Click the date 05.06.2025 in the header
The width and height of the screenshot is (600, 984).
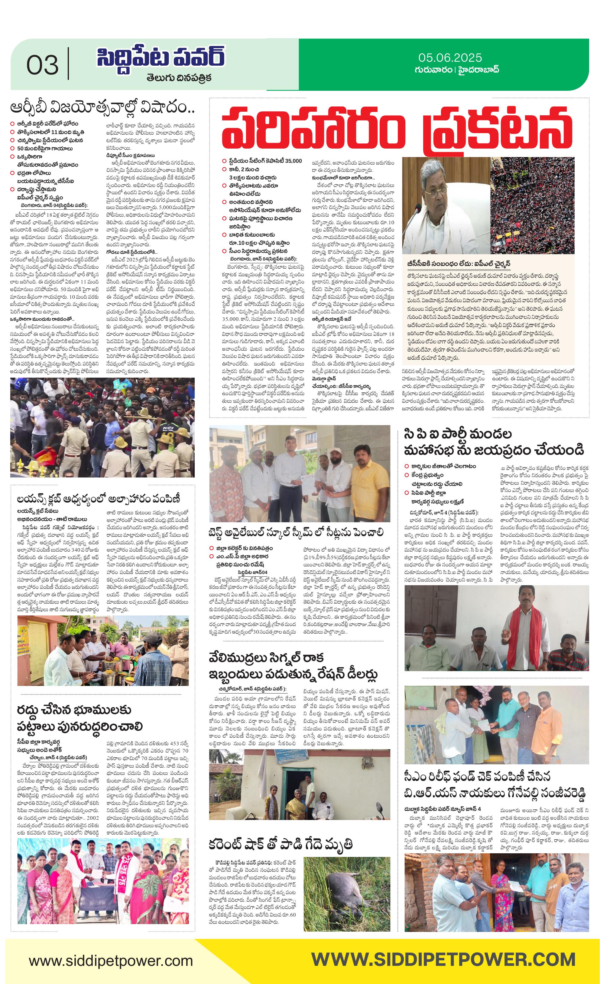click(450, 57)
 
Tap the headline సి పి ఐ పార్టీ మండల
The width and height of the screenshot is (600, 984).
click(458, 434)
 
